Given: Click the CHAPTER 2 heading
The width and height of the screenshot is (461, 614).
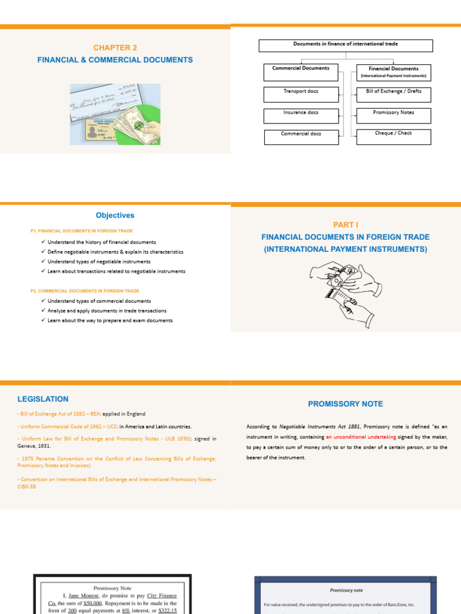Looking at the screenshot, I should [x=115, y=47].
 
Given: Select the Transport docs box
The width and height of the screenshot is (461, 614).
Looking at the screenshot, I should [x=301, y=94].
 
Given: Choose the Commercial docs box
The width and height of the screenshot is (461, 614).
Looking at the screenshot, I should [x=301, y=137].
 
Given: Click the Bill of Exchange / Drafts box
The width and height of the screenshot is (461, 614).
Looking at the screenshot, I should [x=393, y=94].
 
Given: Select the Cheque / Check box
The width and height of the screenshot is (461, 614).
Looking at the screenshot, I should [x=393, y=136].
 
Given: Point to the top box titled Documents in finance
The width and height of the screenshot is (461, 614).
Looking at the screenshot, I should [x=345, y=46].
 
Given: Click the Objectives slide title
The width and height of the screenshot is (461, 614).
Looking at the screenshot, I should [x=115, y=215].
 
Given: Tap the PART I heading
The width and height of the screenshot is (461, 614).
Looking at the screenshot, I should [x=346, y=224].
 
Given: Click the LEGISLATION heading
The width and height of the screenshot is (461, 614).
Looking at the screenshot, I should [x=43, y=399].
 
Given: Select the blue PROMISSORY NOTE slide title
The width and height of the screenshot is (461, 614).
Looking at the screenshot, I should [x=345, y=404].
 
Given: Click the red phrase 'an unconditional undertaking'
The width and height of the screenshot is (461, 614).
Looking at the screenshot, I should [x=361, y=437].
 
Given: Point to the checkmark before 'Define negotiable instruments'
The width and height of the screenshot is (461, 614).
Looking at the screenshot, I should [x=44, y=252].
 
